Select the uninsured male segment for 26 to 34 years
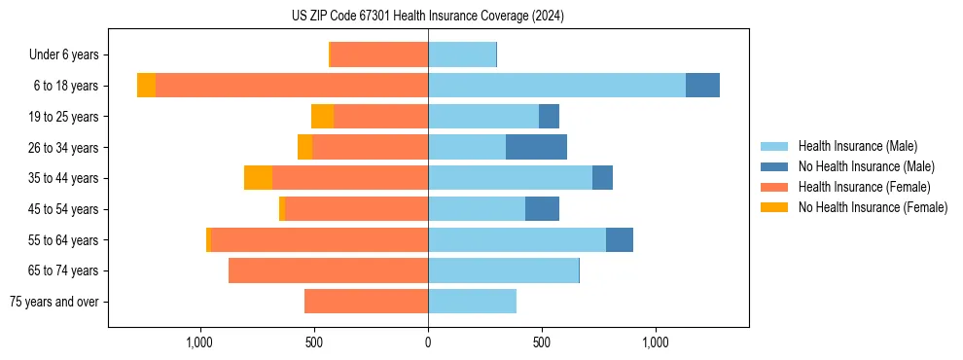(x=536, y=147)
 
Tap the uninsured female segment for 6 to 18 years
(x=146, y=86)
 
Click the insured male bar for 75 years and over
(x=472, y=302)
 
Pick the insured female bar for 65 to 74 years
(x=328, y=270)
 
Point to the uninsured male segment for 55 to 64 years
(x=620, y=239)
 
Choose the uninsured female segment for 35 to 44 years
(x=258, y=178)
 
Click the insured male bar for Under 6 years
(x=462, y=54)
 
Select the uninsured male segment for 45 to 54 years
(x=542, y=209)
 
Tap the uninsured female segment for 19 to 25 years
(x=322, y=117)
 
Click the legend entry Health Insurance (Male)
(x=857, y=146)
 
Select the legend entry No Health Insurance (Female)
(x=873, y=207)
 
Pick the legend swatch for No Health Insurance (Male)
(x=775, y=166)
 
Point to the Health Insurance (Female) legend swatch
(x=775, y=187)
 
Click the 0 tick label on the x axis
(x=428, y=342)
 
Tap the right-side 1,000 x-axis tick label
(x=655, y=342)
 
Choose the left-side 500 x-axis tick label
(x=314, y=342)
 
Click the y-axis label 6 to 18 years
(x=65, y=86)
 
